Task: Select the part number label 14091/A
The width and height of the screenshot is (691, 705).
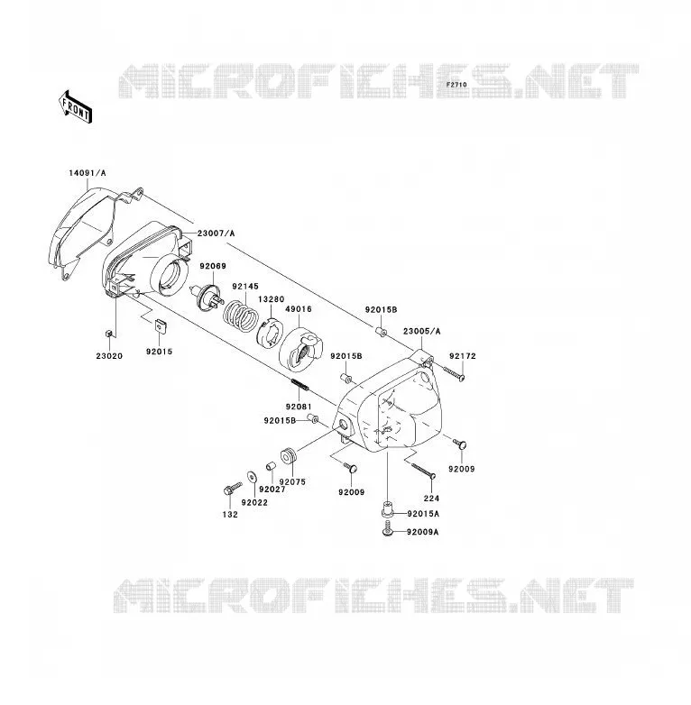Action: click(x=88, y=173)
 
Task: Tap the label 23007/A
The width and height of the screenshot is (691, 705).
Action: click(x=216, y=233)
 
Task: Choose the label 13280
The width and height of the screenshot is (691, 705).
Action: click(x=272, y=299)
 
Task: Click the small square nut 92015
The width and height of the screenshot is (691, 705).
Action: click(x=161, y=325)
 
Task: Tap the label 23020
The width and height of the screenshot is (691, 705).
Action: click(x=109, y=356)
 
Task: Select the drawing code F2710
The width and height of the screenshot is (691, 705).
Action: click(x=456, y=85)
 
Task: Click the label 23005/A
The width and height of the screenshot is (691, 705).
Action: click(x=421, y=332)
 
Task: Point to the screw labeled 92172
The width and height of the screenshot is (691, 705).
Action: click(x=454, y=374)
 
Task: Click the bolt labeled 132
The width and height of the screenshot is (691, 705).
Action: click(x=232, y=489)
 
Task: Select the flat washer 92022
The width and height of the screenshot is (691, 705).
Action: click(x=252, y=476)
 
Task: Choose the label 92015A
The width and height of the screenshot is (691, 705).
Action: click(x=423, y=514)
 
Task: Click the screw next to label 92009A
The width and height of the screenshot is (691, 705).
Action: click(x=387, y=528)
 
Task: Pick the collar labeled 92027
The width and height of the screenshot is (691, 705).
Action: click(x=270, y=466)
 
